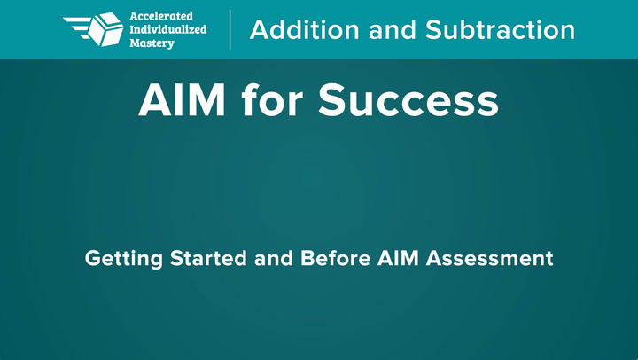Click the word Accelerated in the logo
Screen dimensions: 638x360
coord(161,16)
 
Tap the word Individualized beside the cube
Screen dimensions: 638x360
coord(168,29)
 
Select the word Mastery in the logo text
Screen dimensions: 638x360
coord(152,43)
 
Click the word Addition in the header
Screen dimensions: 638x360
coord(304,30)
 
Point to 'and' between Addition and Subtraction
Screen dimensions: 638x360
coord(393,30)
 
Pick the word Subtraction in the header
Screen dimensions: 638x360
coord(500,30)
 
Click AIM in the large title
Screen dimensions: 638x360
coord(182,100)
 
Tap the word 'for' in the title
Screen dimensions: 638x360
coord(272,100)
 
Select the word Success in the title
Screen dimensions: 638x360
coord(408,100)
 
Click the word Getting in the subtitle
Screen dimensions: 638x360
coord(124,259)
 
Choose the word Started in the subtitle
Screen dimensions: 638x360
coord(208,258)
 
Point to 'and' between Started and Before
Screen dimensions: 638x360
coord(274,258)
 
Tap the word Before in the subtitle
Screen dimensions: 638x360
coord(335,258)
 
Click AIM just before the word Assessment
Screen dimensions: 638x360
coord(398,258)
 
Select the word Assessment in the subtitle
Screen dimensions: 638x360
coord(489,258)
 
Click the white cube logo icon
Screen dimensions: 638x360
coord(105,29)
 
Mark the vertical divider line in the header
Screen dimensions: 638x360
coord(230,30)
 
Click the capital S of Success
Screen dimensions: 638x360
coord(332,100)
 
